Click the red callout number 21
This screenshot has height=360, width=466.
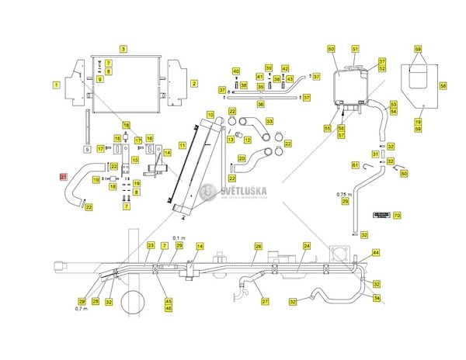click(64, 177)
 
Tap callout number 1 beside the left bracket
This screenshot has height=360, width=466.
click(57, 83)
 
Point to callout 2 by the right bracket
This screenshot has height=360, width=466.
click(194, 83)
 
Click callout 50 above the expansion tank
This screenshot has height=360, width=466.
click(332, 49)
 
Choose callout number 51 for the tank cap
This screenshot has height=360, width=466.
click(355, 49)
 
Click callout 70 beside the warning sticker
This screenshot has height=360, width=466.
click(396, 215)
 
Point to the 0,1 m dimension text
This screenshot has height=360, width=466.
click(177, 237)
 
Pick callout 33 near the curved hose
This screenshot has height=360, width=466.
click(270, 122)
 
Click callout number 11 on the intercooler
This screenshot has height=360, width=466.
click(182, 145)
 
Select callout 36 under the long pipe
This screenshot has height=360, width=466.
click(261, 104)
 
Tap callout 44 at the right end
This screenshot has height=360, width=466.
click(376, 253)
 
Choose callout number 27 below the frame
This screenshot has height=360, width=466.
click(264, 301)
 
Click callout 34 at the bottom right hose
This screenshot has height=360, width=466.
click(377, 297)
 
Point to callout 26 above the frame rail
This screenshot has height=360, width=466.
click(258, 245)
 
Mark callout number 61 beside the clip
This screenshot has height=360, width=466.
click(355, 165)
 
